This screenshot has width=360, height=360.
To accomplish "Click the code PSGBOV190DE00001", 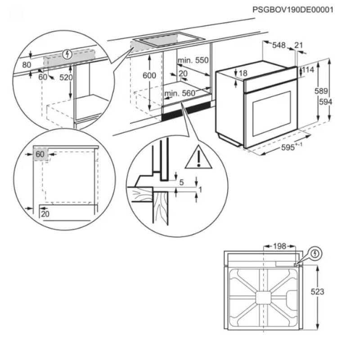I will pyautogui.click(x=293, y=9).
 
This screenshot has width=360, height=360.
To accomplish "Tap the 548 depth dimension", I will pyautogui.click(x=279, y=45).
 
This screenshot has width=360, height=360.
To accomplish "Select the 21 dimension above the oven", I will pyautogui.click(x=299, y=45).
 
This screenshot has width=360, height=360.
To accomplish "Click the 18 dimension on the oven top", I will pyautogui.click(x=243, y=73).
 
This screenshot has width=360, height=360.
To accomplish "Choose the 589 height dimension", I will pyautogui.click(x=320, y=91).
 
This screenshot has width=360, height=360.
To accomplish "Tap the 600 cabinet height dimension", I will pyautogui.click(x=149, y=76).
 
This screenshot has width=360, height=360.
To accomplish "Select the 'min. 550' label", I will pyautogui.click(x=193, y=60).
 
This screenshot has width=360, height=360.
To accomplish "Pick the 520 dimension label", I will pyautogui.click(x=66, y=77).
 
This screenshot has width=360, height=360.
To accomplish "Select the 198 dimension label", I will pyautogui.click(x=279, y=246).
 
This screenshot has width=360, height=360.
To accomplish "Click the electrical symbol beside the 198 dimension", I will pyautogui.click(x=316, y=254).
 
